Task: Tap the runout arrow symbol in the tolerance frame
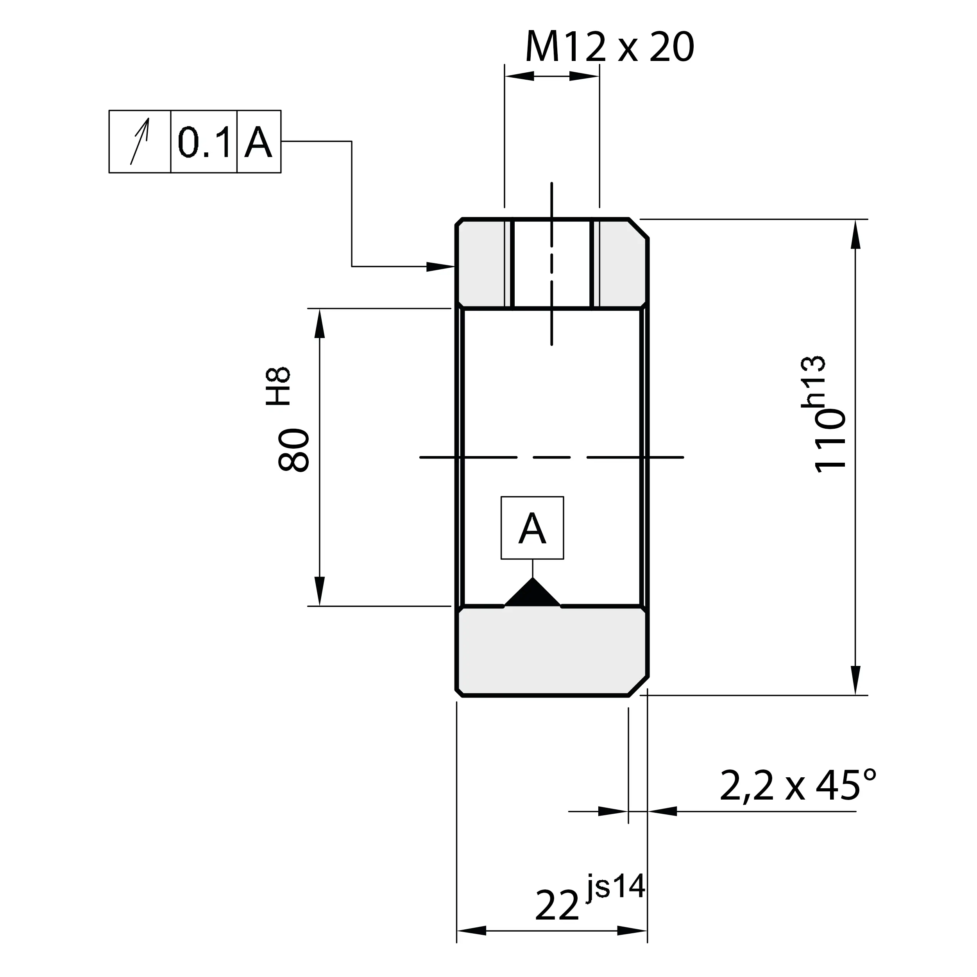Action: tap(140, 141)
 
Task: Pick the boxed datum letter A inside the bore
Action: tap(532, 528)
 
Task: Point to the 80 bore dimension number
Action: tap(294, 450)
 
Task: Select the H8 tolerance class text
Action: tap(279, 387)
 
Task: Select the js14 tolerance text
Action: tap(616, 887)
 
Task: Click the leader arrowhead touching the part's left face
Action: tap(440, 267)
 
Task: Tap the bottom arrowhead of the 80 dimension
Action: tap(320, 592)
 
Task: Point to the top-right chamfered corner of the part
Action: tap(639, 229)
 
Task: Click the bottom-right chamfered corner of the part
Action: tap(639, 686)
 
